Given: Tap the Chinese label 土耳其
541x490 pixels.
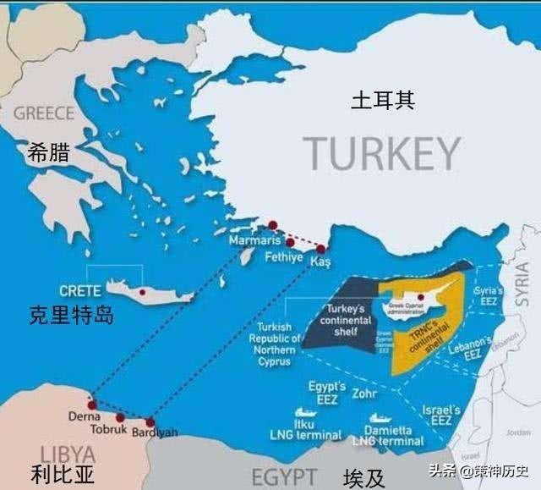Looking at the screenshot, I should pyautogui.click(x=383, y=102).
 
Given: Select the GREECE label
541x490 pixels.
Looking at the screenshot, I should pyautogui.click(x=44, y=113).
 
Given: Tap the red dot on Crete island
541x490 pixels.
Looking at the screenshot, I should pyautogui.click(x=143, y=292).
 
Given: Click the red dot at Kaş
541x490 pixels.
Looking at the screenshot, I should pyautogui.click(x=321, y=248).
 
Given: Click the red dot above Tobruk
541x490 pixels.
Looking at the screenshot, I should pyautogui.click(x=120, y=417).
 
